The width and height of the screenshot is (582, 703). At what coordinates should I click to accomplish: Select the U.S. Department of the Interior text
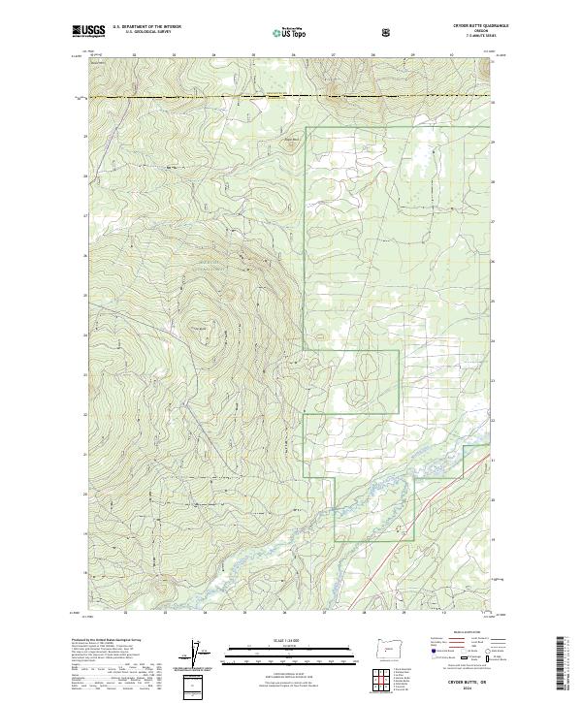[x=146, y=27]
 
